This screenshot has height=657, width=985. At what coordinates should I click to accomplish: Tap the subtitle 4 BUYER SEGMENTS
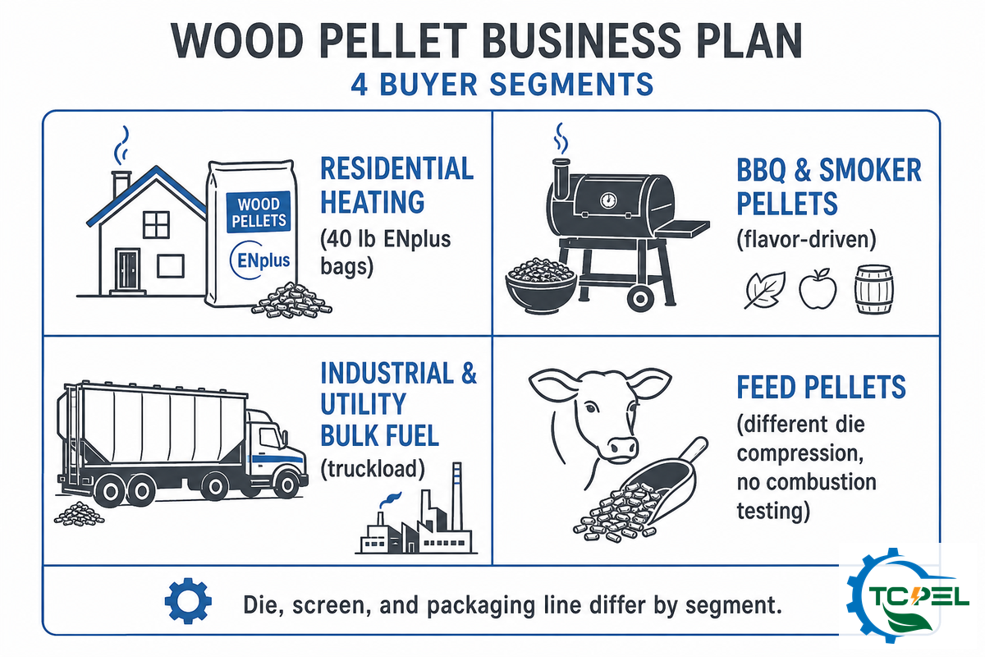click(x=502, y=84)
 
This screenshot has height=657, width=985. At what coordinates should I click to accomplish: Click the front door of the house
click(x=127, y=269)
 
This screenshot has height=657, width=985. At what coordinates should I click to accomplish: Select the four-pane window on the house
click(x=156, y=224)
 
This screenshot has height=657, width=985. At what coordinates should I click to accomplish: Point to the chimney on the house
click(x=121, y=184)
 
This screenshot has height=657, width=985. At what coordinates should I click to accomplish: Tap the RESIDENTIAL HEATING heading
click(x=396, y=185)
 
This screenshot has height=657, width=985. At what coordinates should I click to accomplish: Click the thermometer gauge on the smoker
click(x=608, y=200)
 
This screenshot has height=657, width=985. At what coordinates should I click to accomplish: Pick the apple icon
click(x=818, y=290)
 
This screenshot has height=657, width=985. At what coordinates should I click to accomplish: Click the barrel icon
click(x=873, y=290)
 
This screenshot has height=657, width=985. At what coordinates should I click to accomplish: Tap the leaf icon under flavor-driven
click(x=764, y=290)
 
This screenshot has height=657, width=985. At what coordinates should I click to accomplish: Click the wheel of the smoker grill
click(x=640, y=299)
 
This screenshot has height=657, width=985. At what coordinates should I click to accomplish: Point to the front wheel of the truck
click(x=286, y=485)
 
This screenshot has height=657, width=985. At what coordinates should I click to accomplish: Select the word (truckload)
click(x=373, y=469)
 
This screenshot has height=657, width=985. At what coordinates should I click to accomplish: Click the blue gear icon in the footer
click(x=188, y=600)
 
